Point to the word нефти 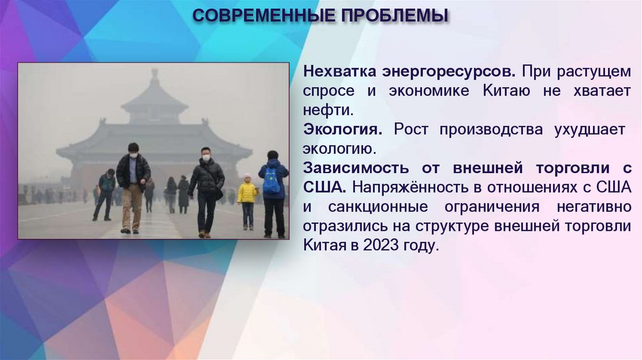click(329, 110)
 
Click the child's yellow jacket click(247, 193)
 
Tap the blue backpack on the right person click(271, 180)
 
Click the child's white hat click(248, 177)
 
